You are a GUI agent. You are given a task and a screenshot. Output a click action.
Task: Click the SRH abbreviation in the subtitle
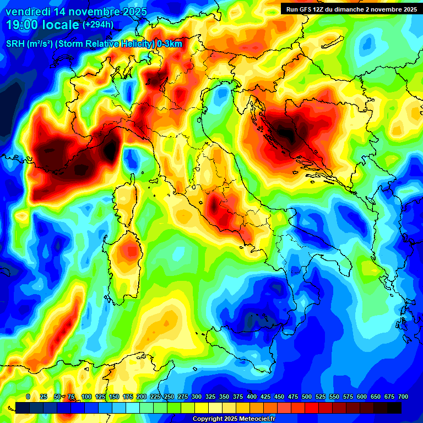pyautogui.click(x=15, y=44)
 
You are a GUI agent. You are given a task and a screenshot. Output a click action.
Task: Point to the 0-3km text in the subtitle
pyautogui.click(x=170, y=44)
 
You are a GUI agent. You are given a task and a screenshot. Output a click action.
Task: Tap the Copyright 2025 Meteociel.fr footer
pyautogui.click(x=234, y=419)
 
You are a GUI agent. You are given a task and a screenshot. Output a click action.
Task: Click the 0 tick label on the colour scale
pyautogui.click(x=28, y=397)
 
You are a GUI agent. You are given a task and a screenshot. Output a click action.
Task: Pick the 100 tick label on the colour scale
pyautogui.click(x=86, y=397)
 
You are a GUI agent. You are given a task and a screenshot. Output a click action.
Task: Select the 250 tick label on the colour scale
pyautogui.click(x=169, y=397)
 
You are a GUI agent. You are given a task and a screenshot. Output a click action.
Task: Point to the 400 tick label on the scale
pyautogui.click(x=252, y=397)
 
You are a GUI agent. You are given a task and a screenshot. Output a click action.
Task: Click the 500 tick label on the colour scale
pyautogui.click(x=307, y=397)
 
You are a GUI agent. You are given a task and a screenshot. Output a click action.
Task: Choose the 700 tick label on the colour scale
pyautogui.click(x=403, y=397)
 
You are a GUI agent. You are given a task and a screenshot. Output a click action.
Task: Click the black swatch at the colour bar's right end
pyautogui.click(x=394, y=408)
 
